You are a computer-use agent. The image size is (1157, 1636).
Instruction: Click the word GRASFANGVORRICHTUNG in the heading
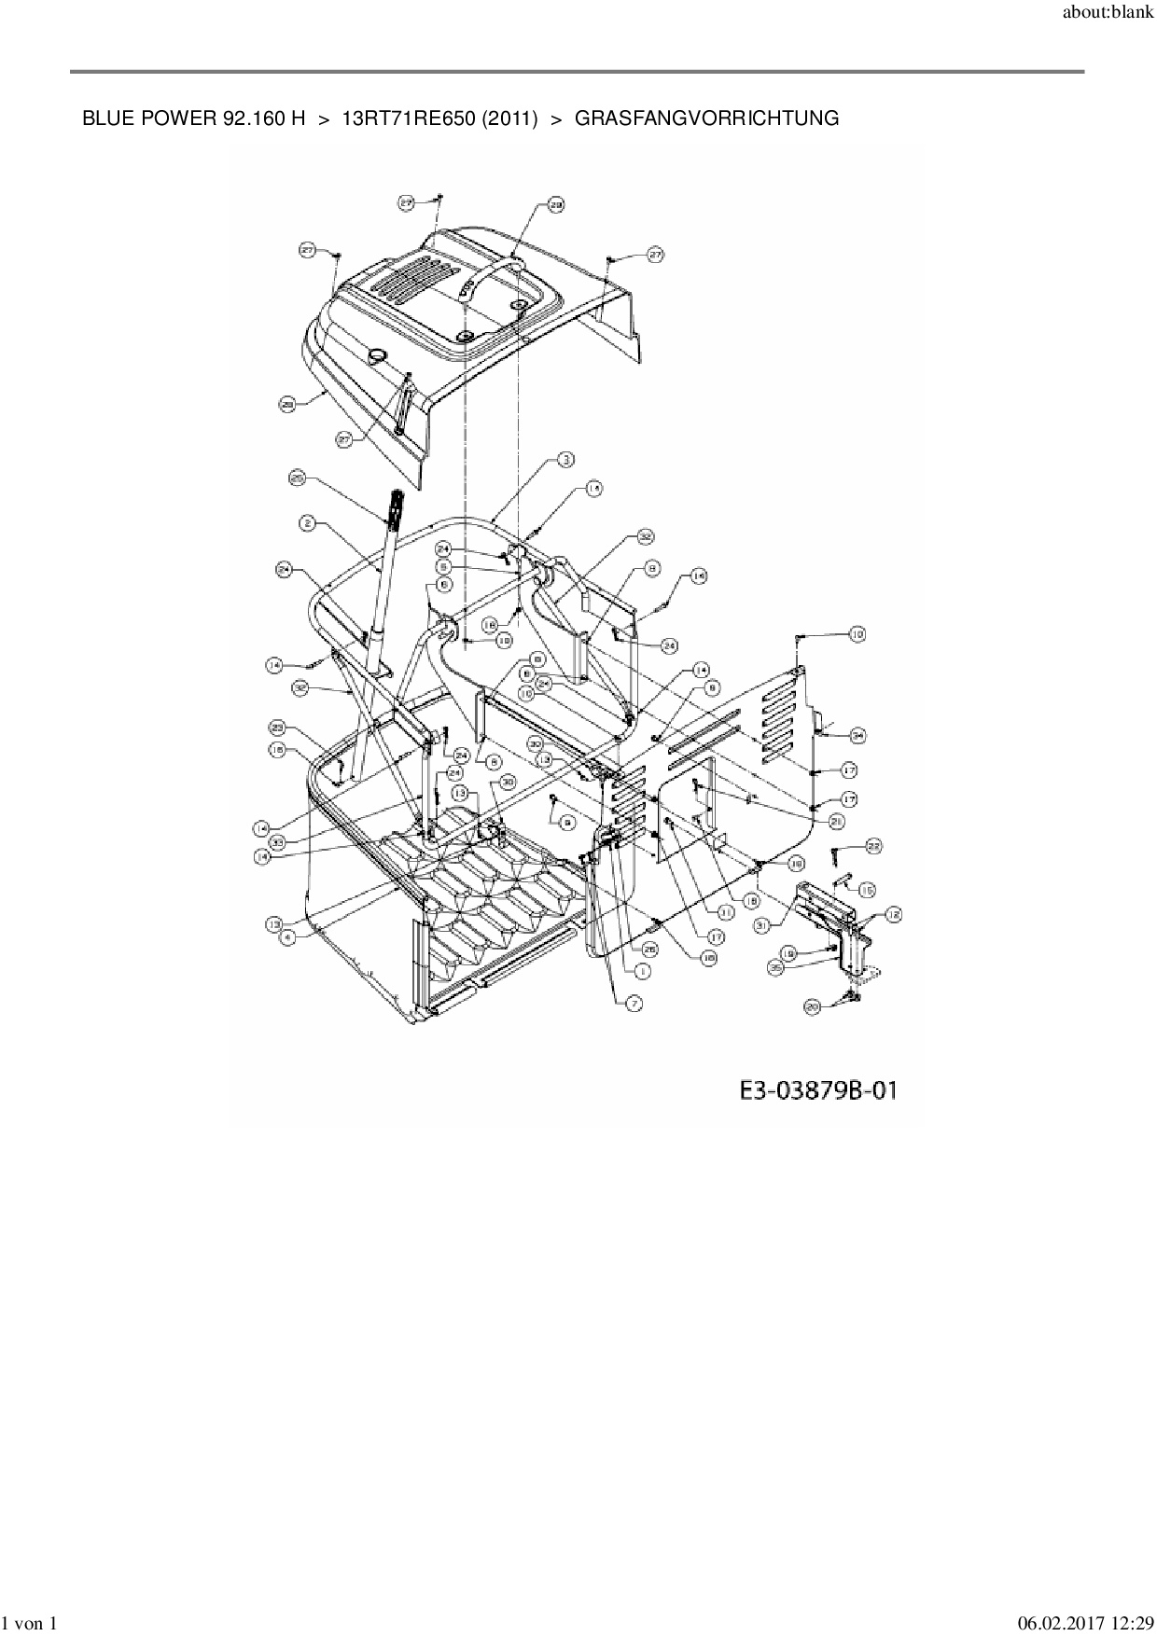(706, 118)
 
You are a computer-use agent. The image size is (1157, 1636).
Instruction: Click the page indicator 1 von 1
(32, 1624)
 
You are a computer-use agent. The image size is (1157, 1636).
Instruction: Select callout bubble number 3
(565, 459)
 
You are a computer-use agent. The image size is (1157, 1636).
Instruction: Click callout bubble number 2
(306, 524)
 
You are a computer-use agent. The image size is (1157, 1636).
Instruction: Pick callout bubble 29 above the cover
(555, 205)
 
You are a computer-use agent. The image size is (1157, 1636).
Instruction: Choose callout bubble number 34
(857, 736)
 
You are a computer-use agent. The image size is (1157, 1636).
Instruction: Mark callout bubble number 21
(835, 821)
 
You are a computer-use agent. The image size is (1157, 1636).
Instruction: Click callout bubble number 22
(872, 846)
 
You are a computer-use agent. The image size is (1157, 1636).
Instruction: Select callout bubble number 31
(762, 925)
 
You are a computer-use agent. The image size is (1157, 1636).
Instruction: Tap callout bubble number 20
(812, 1006)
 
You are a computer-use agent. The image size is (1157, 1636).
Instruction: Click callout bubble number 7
(634, 1004)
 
